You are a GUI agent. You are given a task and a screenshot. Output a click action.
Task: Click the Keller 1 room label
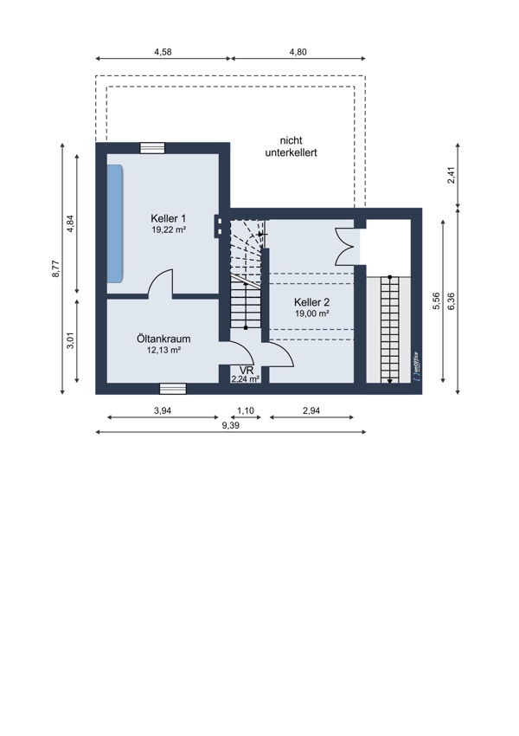click(169, 218)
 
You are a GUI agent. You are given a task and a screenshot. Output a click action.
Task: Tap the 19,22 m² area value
click(169, 229)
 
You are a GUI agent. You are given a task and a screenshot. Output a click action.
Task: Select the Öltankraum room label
click(163, 339)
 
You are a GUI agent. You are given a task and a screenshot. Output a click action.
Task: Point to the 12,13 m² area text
click(163, 350)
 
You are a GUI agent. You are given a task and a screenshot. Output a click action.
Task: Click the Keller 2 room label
click(311, 302)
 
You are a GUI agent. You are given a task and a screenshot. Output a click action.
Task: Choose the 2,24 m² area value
click(246, 379)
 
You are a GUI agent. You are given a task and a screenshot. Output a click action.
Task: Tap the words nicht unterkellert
click(292, 146)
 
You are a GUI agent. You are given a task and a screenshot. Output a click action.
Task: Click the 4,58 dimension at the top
click(163, 52)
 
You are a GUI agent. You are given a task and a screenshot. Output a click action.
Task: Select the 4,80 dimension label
click(298, 52)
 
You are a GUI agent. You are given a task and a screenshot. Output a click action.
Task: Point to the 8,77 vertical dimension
click(55, 269)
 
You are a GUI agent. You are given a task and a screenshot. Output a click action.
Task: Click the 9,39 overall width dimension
click(231, 426)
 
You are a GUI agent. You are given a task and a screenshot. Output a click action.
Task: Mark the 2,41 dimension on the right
click(452, 175)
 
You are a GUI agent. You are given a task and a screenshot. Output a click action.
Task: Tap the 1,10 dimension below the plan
click(245, 410)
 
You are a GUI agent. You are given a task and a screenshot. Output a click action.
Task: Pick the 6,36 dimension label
click(452, 300)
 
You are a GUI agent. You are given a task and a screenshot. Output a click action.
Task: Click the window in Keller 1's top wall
click(152, 148)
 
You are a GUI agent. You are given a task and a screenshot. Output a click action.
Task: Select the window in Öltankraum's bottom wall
click(172, 389)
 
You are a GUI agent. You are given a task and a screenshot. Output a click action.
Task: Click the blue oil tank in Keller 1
click(115, 223)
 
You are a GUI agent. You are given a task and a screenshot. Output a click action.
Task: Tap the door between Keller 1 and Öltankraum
click(160, 285)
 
